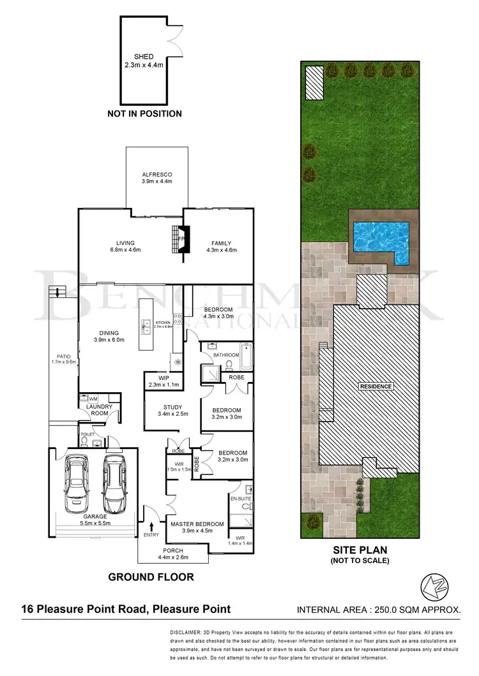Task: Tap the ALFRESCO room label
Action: (x=156, y=174)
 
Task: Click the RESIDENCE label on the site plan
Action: (x=376, y=386)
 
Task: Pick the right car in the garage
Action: (x=114, y=483)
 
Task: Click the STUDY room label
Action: (x=172, y=408)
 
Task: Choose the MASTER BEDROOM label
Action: (x=197, y=524)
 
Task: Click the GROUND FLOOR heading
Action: (x=151, y=577)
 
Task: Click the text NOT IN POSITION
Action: (x=144, y=114)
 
